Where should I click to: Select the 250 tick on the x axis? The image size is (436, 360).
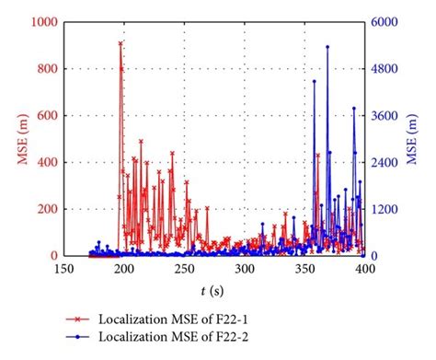[184, 269]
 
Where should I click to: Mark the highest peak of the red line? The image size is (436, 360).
[120, 43]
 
